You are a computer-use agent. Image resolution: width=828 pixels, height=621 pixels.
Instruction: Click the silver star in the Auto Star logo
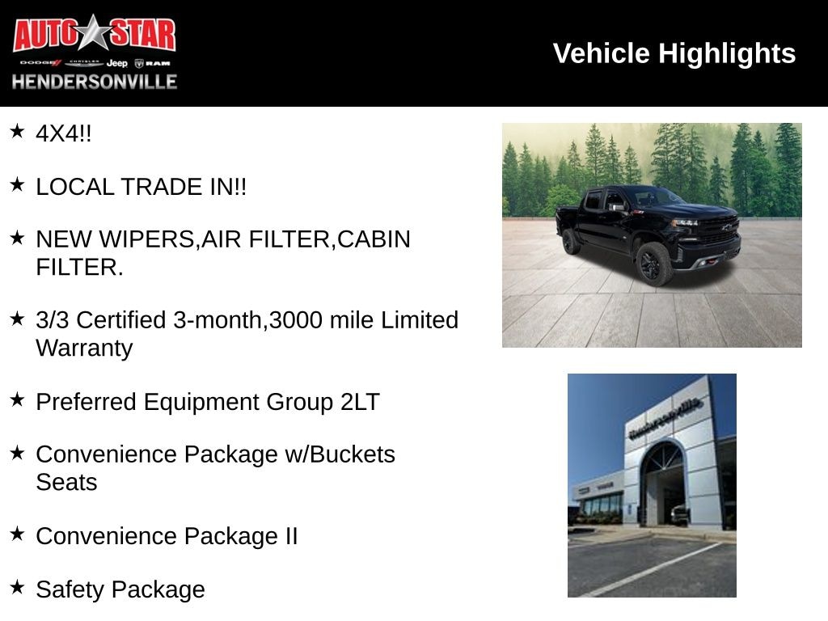(x=94, y=32)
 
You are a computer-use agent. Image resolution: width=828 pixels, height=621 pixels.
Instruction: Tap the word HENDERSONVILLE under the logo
(x=95, y=82)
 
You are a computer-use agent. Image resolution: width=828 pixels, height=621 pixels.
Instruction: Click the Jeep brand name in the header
(x=116, y=63)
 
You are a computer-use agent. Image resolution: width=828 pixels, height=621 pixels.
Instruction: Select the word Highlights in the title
(x=727, y=54)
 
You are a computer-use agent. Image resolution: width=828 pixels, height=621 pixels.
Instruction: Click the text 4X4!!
(x=63, y=133)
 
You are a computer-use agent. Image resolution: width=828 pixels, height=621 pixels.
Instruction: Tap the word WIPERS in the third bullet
(x=147, y=239)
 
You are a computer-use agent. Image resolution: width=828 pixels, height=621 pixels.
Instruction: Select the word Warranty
(x=84, y=349)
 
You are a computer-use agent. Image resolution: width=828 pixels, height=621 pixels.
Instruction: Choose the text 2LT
(x=360, y=402)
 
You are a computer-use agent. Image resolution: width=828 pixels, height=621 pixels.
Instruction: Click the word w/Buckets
(x=340, y=454)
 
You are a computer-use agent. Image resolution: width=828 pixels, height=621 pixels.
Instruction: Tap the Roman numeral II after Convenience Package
(x=291, y=536)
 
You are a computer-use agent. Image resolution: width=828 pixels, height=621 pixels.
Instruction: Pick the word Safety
(x=70, y=589)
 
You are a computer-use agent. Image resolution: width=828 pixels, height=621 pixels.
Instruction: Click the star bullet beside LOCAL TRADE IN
(x=18, y=185)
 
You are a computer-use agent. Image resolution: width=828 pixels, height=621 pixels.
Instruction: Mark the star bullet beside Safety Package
(x=18, y=587)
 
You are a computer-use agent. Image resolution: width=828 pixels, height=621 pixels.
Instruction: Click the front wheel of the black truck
(x=653, y=264)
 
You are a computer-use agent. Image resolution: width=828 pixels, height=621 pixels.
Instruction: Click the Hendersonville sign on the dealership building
(x=665, y=418)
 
